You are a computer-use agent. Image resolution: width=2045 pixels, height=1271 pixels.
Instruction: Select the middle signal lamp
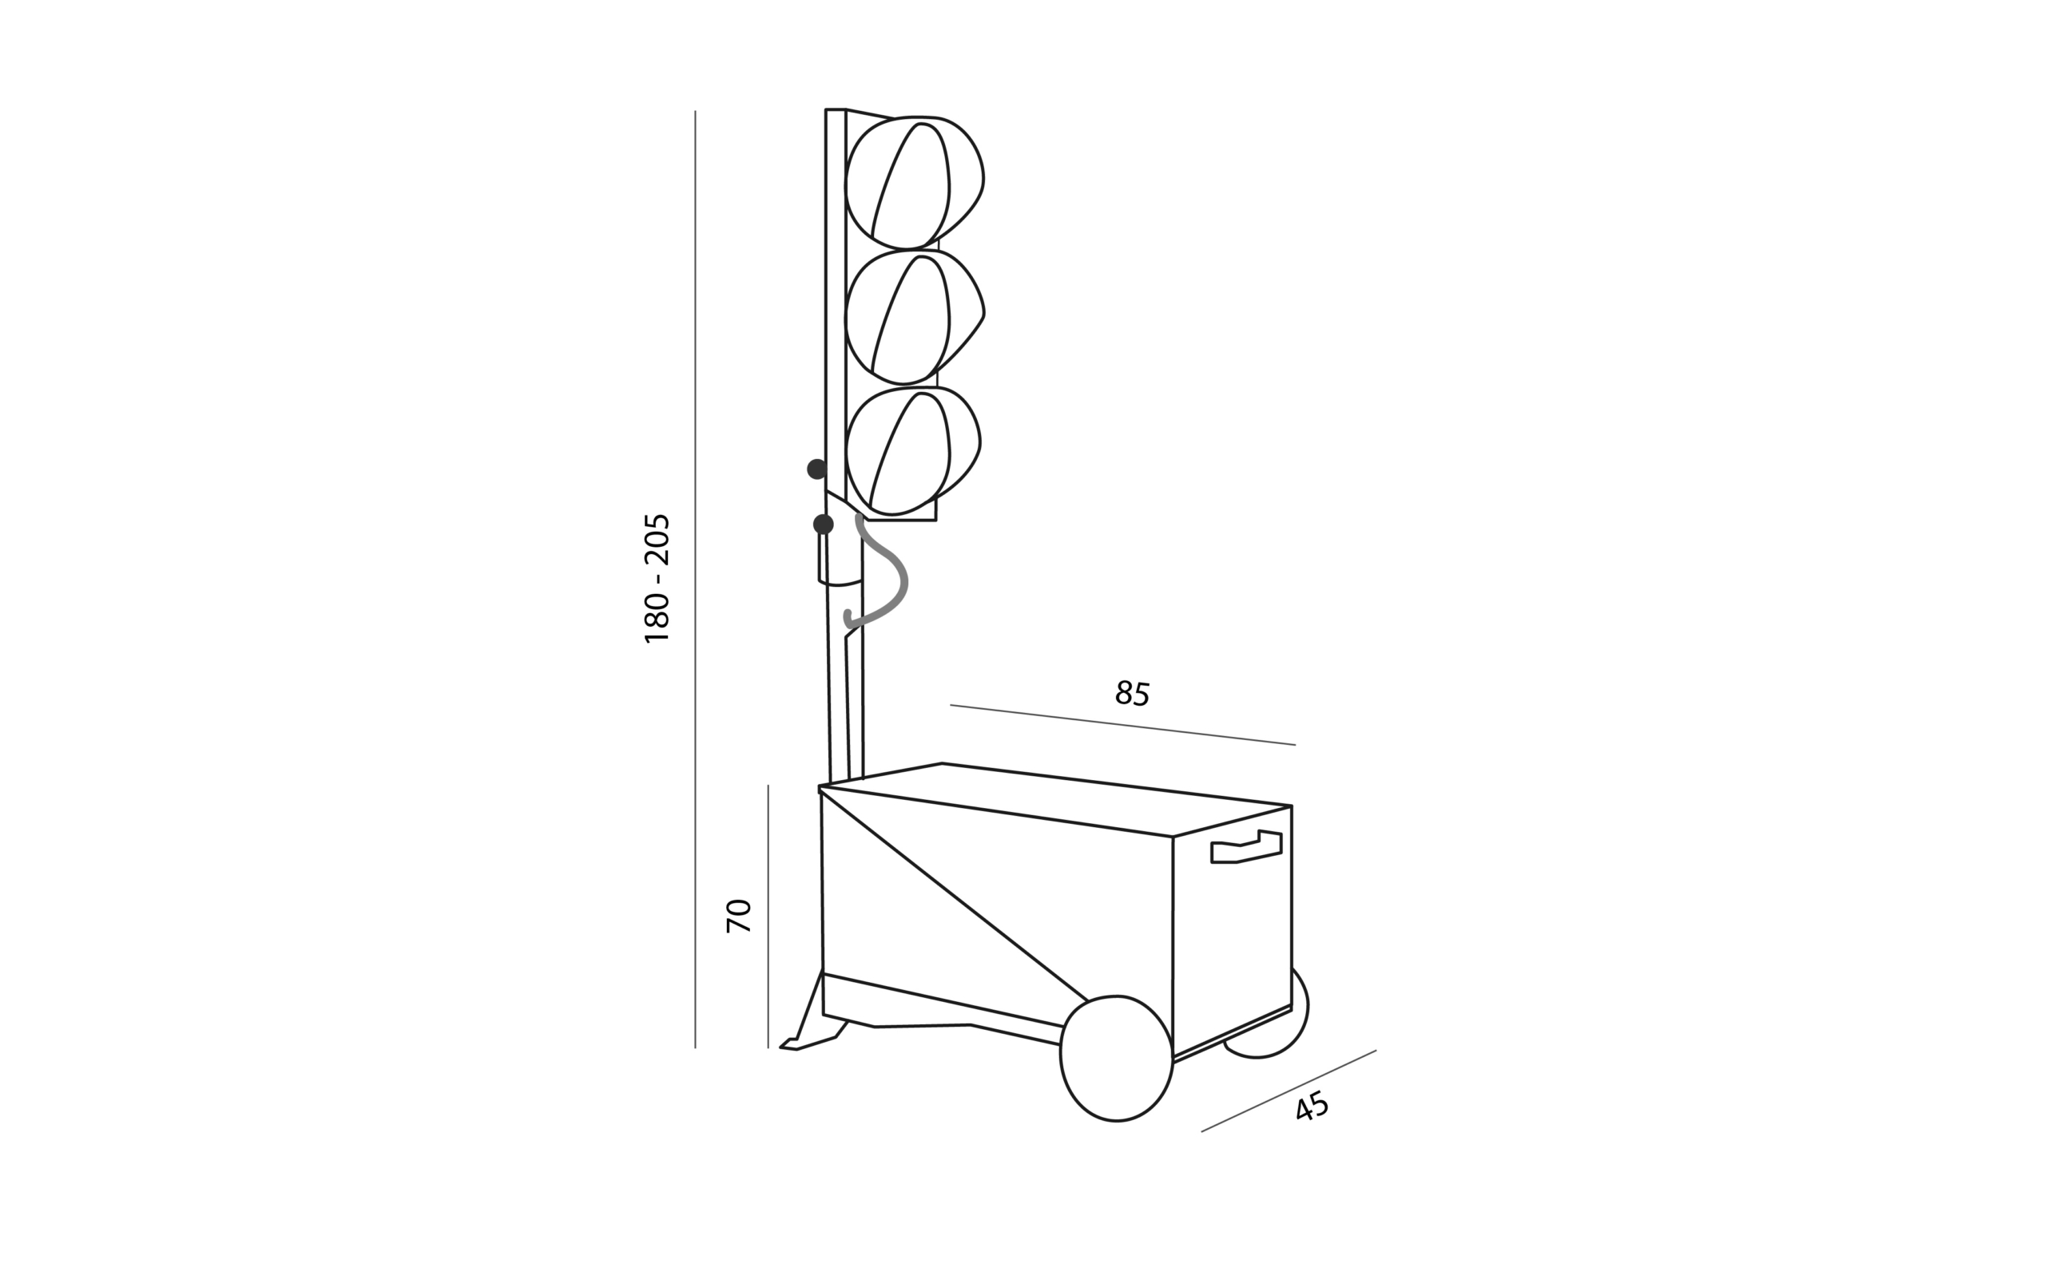point(914,317)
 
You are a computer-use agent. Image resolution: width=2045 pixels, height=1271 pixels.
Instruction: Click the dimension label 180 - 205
point(657,578)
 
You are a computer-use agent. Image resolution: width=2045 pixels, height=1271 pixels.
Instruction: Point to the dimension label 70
point(738,916)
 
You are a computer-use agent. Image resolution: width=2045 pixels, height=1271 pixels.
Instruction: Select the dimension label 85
point(1132,694)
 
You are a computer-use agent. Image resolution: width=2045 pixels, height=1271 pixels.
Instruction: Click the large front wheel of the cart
point(1116,1059)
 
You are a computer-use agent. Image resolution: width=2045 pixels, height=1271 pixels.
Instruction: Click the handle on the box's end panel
point(1246,847)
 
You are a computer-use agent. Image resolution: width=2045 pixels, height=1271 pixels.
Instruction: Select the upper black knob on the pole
point(816,469)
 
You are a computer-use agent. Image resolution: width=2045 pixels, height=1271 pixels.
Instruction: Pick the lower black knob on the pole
point(824,525)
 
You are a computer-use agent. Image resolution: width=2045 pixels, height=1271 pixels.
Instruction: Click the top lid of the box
point(1055,798)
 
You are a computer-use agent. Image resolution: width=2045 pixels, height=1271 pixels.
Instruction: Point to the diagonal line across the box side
point(955,896)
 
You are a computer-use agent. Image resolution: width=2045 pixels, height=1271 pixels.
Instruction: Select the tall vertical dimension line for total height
point(696,579)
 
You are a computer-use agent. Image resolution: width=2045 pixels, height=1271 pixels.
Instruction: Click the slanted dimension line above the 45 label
point(1289,1091)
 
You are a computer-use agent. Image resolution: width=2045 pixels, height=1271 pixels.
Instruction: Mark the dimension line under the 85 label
point(1122,725)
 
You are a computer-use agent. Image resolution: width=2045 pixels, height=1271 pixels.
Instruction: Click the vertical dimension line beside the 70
point(768,917)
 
